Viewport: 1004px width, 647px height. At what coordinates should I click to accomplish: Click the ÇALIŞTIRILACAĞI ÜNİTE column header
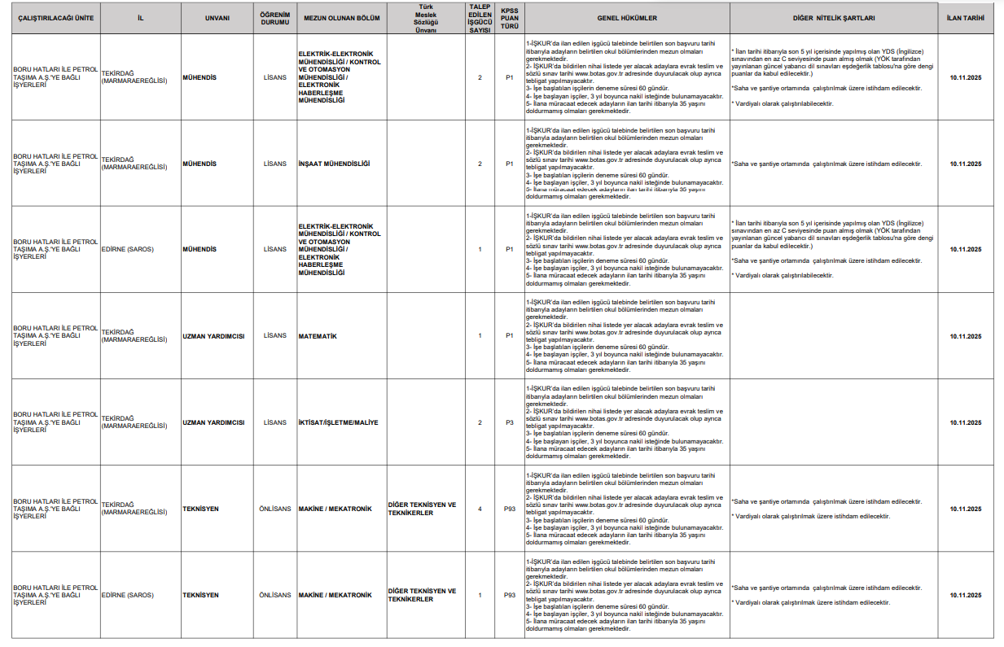(55, 17)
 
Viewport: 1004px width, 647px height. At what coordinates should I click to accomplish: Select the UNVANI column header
(215, 17)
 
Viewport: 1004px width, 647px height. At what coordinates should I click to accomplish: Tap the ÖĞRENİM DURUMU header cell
(275, 17)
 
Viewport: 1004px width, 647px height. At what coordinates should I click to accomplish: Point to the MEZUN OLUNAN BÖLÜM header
(342, 17)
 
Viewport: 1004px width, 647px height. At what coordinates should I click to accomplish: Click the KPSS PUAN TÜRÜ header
(509, 17)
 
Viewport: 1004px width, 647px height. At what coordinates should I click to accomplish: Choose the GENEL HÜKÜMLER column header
(626, 17)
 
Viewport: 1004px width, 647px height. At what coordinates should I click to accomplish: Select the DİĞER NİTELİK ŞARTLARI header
(832, 17)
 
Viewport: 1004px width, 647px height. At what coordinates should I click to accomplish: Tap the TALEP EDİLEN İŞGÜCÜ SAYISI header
(480, 17)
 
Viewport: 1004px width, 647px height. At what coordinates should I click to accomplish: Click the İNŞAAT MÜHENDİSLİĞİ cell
(334, 164)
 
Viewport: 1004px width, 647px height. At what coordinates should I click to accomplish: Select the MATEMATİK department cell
(318, 336)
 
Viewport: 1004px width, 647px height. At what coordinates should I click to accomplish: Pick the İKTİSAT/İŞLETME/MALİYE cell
(338, 422)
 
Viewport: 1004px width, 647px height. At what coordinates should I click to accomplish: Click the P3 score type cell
(509, 422)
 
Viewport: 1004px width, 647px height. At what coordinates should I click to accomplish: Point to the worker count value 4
(480, 509)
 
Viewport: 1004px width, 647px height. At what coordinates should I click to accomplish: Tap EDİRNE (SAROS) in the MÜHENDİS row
(127, 249)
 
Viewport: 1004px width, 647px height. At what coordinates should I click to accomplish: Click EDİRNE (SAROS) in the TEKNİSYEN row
(127, 595)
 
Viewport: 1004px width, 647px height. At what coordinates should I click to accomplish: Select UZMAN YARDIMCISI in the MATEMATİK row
(213, 336)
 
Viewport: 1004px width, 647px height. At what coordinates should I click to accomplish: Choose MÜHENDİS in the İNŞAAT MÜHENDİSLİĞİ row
(199, 164)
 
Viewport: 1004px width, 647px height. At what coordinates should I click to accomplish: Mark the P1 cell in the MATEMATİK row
(509, 336)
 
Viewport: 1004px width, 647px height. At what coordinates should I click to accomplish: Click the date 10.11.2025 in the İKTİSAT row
(965, 422)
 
